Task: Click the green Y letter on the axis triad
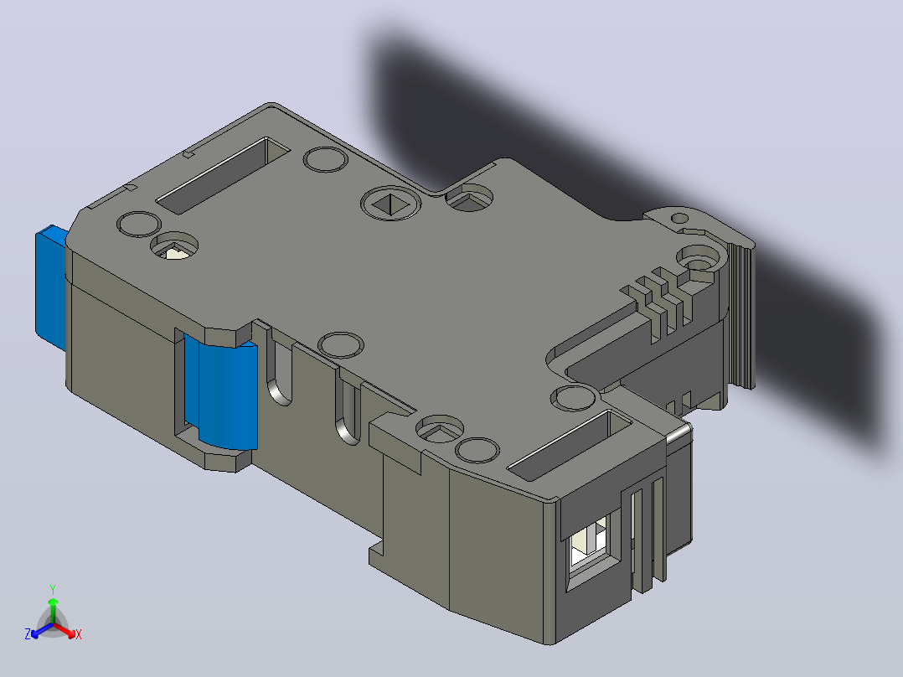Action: tap(53, 589)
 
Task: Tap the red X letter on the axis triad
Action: tap(79, 634)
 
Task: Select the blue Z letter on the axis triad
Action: tap(28, 634)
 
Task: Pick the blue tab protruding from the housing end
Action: tap(51, 287)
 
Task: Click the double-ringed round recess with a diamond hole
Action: tap(390, 204)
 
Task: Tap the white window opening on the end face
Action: tap(588, 545)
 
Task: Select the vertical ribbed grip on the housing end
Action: tap(740, 314)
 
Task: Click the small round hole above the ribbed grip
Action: tap(680, 219)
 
